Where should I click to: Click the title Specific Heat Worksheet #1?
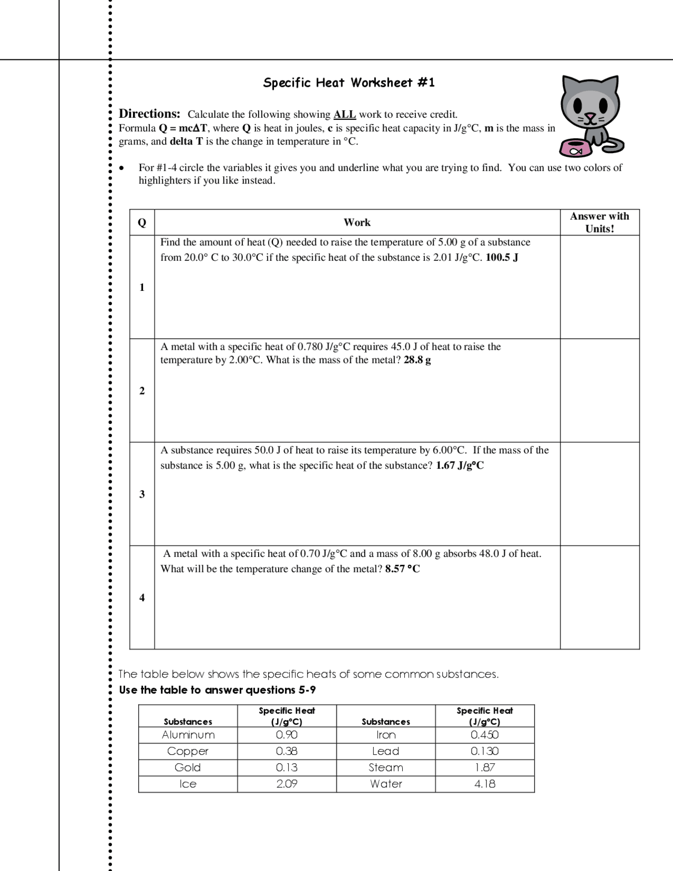point(349,83)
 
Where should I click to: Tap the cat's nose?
point(590,115)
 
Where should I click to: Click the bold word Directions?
point(149,114)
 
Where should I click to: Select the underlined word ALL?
point(345,115)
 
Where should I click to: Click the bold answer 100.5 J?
point(502,258)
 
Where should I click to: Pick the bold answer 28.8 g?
point(417,360)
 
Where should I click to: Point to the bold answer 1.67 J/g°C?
point(460,465)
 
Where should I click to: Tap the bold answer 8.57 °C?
point(403,569)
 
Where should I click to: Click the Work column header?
point(357,222)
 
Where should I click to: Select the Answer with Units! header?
point(599,222)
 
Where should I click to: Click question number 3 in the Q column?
point(142,494)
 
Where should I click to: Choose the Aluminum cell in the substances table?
point(188,735)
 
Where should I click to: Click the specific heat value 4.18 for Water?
point(484,784)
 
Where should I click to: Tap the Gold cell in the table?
point(188,767)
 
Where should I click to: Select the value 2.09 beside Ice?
point(287,784)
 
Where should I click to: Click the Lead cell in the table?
point(385,751)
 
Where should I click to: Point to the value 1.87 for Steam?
point(484,767)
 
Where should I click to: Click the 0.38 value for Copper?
point(287,751)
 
